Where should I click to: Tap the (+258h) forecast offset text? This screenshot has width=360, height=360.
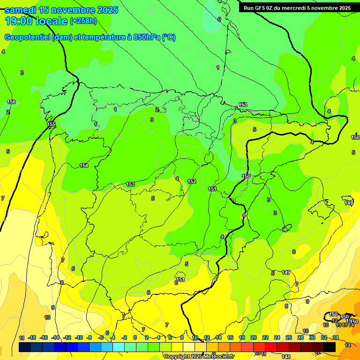[83, 21]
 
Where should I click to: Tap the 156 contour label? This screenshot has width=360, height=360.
[12, 102]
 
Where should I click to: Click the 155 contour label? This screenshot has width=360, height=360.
[52, 124]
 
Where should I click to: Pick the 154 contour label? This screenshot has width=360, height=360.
[84, 165]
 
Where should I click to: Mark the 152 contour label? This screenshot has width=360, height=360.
[192, 181]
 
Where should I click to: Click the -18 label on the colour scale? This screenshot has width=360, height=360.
[32, 338]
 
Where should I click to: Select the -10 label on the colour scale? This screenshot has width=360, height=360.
[79, 338]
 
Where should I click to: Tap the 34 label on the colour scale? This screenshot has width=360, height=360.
[336, 338]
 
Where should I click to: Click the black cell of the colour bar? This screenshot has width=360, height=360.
[330, 347]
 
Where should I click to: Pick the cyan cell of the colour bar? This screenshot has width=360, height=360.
[119, 347]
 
